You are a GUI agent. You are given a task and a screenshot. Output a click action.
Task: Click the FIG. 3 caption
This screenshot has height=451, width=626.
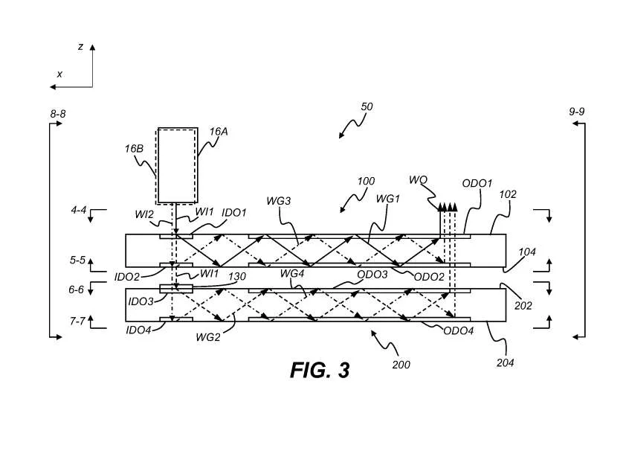320,370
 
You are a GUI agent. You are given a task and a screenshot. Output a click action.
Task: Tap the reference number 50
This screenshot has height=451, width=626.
367,106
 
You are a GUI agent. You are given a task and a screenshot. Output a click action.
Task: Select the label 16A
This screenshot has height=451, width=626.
219,132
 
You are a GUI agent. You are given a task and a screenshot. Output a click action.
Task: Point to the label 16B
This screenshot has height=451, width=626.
134,149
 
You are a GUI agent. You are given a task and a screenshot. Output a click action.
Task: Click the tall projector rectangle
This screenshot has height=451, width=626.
177,165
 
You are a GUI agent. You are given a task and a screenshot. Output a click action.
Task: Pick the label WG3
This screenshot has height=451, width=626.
279,201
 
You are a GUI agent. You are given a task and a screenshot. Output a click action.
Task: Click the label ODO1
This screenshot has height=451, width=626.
477,183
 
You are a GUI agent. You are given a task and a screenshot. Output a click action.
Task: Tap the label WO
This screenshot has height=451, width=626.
418,180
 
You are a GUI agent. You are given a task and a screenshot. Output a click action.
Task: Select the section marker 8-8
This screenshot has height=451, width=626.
58,114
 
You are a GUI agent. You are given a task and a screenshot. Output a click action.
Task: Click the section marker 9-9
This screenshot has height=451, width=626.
576,112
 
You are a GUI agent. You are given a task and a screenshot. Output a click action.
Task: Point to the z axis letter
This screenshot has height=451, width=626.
80,47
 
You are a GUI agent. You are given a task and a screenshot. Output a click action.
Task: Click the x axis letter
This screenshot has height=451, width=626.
59,74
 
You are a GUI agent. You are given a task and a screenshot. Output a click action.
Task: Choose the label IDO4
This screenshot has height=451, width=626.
138,330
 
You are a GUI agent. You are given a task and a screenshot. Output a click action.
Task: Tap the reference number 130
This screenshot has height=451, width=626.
236,276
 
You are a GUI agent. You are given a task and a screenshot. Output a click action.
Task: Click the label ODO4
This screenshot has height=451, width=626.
458,330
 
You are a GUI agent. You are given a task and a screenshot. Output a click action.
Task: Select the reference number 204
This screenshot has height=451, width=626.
505,362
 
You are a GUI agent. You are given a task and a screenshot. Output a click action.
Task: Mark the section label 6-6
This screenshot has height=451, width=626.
77,290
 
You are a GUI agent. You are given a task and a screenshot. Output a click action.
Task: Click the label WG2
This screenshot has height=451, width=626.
208,337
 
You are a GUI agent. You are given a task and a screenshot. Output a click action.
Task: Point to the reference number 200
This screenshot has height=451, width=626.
401,365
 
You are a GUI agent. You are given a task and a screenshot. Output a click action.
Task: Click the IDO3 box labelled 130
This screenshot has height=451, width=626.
176,289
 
